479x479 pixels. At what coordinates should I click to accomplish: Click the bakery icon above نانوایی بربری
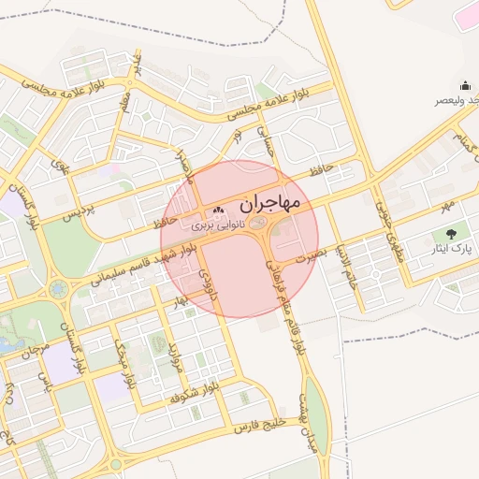[x=217, y=210]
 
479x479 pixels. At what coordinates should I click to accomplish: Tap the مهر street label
[x=448, y=204]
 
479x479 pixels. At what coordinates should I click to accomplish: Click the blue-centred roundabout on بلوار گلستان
[x=60, y=289]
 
